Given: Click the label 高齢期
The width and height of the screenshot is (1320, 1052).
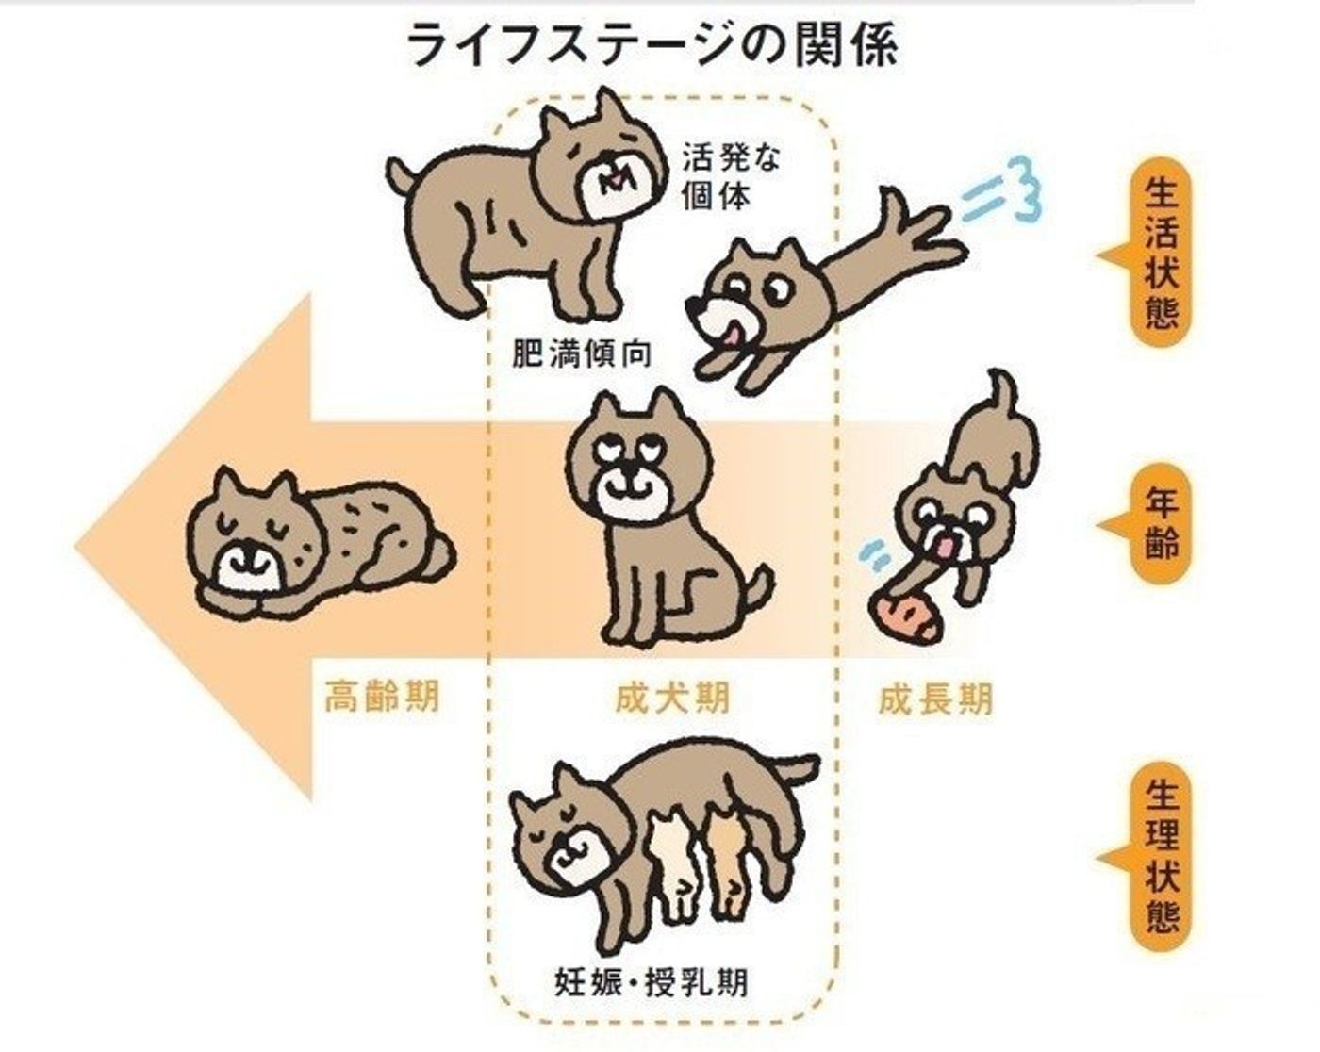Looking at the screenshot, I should [x=382, y=699].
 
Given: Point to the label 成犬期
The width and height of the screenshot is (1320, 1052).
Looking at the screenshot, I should [x=671, y=699].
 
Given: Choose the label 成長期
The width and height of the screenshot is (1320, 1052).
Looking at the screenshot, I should [x=934, y=699].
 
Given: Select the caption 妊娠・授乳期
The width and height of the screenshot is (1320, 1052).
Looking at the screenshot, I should [x=652, y=983].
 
